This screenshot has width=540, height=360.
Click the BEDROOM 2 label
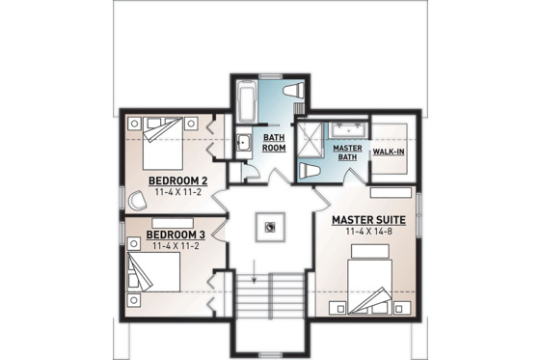click(178, 180)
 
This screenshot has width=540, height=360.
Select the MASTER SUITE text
click(367, 220)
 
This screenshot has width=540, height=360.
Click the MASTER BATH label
click(346, 153)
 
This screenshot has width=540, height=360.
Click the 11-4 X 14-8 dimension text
click(367, 233)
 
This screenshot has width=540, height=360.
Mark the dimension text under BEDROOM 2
click(178, 193)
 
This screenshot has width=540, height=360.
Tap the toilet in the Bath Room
click(295, 93)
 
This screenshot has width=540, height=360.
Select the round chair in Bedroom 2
click(135, 198)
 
